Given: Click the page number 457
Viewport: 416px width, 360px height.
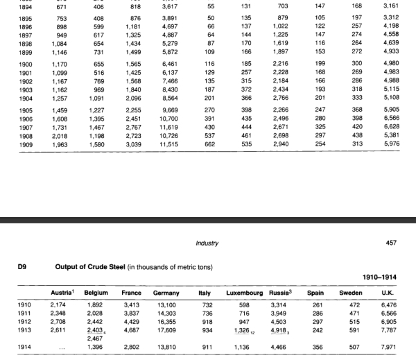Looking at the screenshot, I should (x=391, y=243).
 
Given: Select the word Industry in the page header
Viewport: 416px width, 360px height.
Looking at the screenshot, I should (x=208, y=243).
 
